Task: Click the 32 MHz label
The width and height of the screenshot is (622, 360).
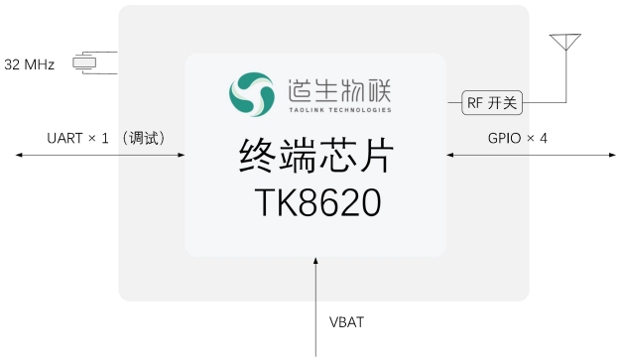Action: (x=29, y=64)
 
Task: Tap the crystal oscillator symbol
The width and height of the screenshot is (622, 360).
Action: (x=87, y=63)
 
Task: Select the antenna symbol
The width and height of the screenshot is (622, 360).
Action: (x=566, y=43)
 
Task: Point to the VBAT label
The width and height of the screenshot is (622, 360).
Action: (x=347, y=322)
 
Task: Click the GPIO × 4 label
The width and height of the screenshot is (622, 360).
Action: (x=517, y=138)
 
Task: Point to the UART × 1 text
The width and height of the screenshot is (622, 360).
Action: (x=77, y=138)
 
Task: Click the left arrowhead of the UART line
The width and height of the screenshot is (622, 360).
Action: (x=17, y=155)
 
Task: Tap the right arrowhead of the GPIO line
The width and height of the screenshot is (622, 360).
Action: (x=608, y=155)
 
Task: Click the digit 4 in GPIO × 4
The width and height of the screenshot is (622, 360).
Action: (x=543, y=138)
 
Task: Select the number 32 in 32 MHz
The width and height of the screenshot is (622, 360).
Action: (x=13, y=64)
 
